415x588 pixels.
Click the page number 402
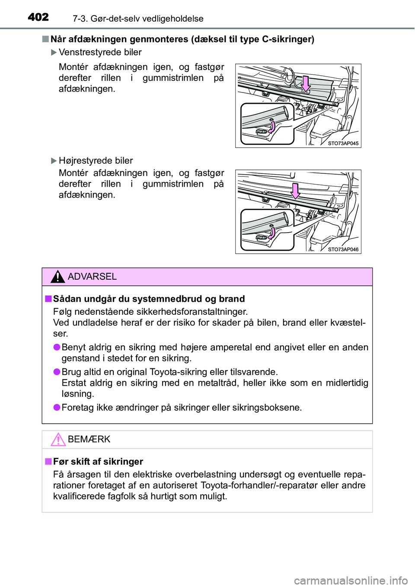[x=38, y=17]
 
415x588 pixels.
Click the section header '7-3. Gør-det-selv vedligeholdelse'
[x=138, y=19]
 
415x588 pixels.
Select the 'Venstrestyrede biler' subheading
[x=100, y=52]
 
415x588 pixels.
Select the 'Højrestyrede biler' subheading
[x=96, y=161]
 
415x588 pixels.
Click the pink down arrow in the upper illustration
[x=306, y=83]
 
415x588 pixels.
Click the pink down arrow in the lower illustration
[x=295, y=190]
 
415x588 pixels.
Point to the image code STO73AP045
[x=343, y=144]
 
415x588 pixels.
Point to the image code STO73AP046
[x=343, y=249]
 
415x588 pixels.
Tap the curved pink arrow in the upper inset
[x=271, y=127]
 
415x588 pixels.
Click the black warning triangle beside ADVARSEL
[x=57, y=276]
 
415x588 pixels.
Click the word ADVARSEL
[x=92, y=277]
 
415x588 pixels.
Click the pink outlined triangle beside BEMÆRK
[x=57, y=439]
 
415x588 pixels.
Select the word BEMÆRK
[x=89, y=439]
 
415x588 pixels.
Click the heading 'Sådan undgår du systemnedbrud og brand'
[x=149, y=299]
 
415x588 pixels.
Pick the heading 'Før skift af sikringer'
[x=98, y=461]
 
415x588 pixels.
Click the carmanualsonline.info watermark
[x=351, y=580]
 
